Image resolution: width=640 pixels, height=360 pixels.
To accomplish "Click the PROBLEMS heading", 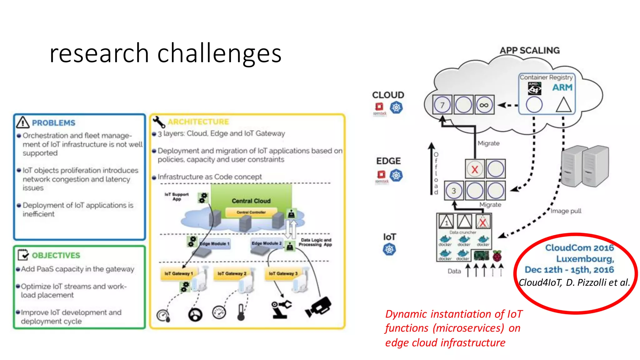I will pos(53,123).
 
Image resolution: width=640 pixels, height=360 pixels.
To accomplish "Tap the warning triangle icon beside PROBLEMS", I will pos(23,122).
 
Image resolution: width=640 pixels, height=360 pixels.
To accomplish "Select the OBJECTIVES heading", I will pos(56,255).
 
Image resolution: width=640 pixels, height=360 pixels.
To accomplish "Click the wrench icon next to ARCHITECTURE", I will pos(159,122).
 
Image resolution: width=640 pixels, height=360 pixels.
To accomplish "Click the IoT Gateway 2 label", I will pos(232,273).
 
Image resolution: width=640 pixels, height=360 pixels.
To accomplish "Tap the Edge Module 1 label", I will pos(215,243).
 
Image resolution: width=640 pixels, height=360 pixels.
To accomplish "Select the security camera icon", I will pos(318,307).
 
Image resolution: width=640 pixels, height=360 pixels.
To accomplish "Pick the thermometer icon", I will pos(241,312).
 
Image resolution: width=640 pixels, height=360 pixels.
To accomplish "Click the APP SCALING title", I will pos(530,50).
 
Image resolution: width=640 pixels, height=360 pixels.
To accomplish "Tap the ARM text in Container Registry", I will pos(562,87).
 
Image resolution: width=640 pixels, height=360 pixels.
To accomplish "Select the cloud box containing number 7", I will pos(442,105).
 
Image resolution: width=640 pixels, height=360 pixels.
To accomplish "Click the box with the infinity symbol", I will pos(484,105).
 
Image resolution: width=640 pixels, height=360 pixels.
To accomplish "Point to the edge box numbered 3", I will pos(454,191).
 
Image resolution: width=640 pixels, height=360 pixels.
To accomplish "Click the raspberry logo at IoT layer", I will pos(497,256).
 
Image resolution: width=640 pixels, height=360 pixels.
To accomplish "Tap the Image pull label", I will pos(566,211).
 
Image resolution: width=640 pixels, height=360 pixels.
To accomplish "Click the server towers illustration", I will pos(585,167).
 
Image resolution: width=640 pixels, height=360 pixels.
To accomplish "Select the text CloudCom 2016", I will pos(579,248).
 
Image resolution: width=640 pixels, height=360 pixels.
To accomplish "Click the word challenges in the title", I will pos(219,53).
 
